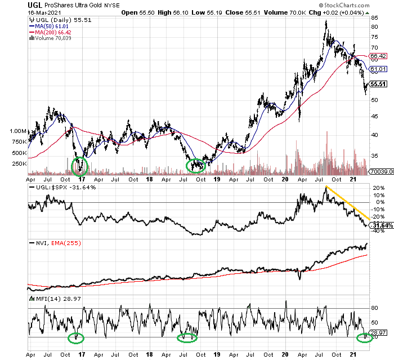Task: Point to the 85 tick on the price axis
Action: (x=374, y=19)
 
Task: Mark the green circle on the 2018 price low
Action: (x=196, y=166)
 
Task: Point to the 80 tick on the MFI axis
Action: (x=374, y=308)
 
